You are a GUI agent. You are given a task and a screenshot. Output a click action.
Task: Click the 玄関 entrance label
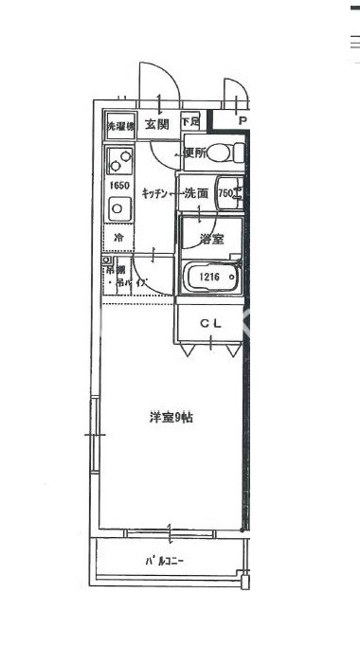point(157,123)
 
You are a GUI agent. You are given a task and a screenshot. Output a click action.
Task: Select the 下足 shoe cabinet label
point(190,122)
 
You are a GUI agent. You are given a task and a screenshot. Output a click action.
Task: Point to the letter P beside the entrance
point(242,121)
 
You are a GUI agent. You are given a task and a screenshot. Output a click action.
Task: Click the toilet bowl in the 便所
point(219,152)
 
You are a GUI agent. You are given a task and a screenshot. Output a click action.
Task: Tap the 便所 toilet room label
point(194,153)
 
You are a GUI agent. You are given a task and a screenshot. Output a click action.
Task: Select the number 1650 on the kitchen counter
point(119,186)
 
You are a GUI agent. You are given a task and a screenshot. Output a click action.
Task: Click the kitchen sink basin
point(119,208)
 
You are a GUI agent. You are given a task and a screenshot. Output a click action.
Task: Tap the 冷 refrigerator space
point(119,237)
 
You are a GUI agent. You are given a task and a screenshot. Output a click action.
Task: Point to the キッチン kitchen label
point(156,193)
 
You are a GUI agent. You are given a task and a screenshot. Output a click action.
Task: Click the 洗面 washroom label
point(196,193)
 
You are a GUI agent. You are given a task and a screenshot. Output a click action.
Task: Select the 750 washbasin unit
point(227,193)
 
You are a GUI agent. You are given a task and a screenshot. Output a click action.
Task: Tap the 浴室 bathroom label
point(211,238)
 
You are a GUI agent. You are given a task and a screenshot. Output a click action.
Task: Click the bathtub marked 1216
point(210,278)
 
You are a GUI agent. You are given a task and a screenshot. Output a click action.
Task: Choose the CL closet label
point(210,324)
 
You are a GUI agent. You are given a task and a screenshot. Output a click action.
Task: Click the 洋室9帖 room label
point(171,417)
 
